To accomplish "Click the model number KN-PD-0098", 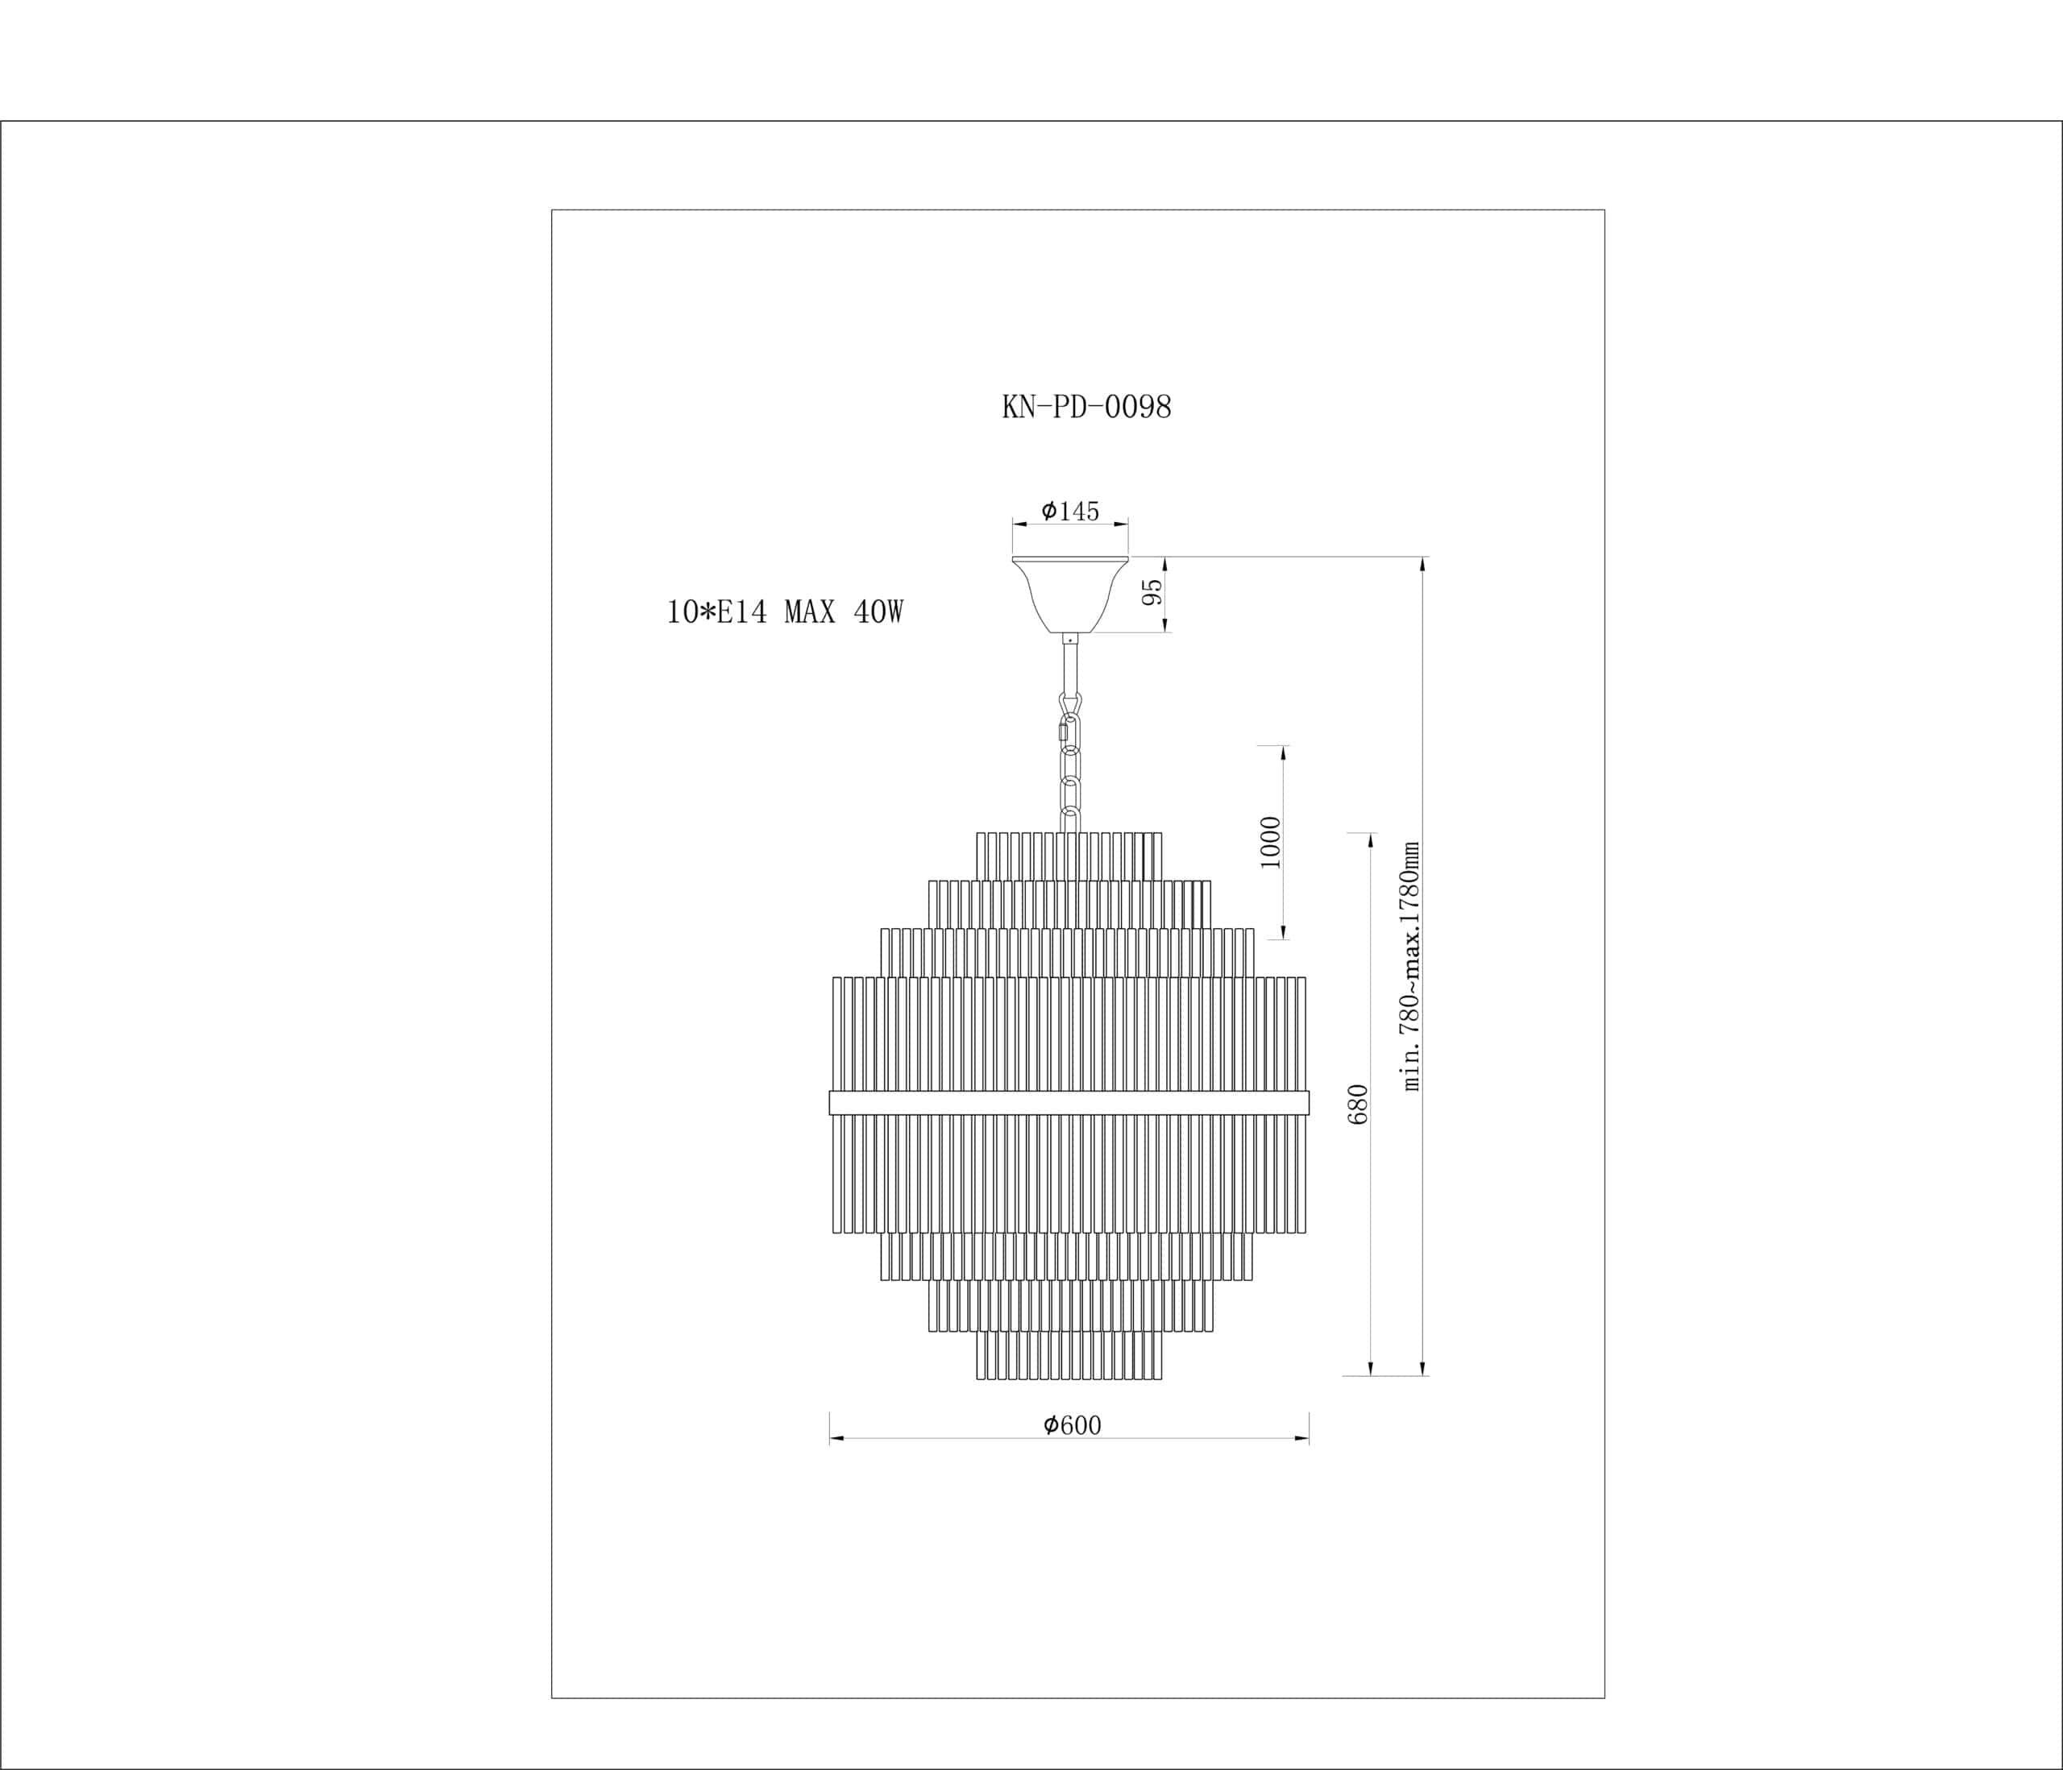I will [1086, 407].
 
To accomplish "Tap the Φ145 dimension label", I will [1070, 512].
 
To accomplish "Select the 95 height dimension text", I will [1152, 592].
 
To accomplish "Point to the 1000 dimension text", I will [1271, 842].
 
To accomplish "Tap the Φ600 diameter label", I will [1073, 1425].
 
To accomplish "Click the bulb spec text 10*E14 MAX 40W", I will [785, 612].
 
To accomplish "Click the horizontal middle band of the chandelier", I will [1069, 1102].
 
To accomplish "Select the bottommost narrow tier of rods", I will [1069, 1355].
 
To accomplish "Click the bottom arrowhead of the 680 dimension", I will [1371, 1369].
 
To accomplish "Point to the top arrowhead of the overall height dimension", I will [1423, 563].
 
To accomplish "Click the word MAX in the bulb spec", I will [809, 612].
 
